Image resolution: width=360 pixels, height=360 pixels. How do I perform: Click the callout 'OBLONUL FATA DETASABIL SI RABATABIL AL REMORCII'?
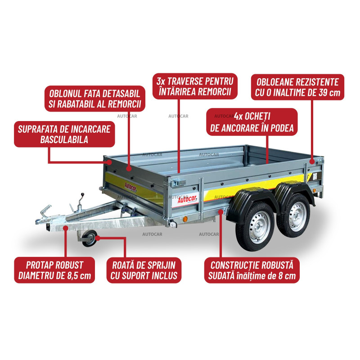coord(95,99)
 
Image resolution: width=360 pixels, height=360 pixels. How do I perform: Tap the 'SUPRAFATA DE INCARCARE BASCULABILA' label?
coord(64,134)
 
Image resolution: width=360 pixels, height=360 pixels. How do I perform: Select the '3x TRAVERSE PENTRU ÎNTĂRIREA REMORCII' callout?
coord(195,86)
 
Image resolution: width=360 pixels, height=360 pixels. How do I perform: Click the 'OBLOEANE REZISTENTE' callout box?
coord(297,87)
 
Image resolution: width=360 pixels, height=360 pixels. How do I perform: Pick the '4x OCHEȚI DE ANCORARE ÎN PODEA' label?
coord(252,122)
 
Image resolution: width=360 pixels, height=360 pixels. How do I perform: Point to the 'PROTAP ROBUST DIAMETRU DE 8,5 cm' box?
coord(54,270)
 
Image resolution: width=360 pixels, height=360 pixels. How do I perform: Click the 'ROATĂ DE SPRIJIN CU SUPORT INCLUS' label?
coord(144,270)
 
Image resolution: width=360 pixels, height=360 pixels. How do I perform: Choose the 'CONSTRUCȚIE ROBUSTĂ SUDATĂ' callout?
coord(252,270)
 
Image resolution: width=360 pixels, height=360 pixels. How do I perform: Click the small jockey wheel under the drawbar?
coord(90,238)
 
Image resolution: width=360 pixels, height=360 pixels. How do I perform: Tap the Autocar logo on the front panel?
coord(130,187)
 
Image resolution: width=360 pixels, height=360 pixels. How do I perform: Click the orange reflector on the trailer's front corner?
coord(185,219)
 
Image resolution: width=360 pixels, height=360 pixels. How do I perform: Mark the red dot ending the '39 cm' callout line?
coord(312,161)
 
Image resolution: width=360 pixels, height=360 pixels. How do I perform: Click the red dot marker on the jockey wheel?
coord(98,238)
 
